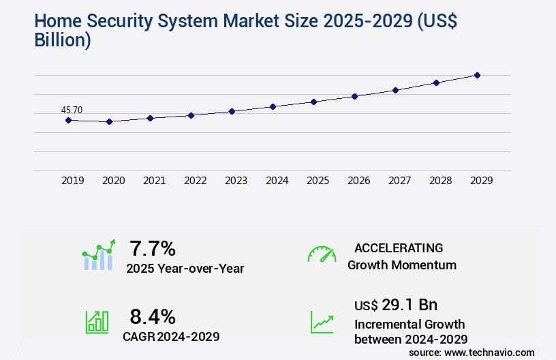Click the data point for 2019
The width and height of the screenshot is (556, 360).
point(68,120)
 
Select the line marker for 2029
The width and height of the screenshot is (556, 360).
point(477,75)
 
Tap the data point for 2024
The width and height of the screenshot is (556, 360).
point(273,106)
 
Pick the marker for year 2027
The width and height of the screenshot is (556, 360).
point(395,90)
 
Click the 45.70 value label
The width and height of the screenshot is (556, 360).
point(72,110)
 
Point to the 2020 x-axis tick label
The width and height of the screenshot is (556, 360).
point(113,181)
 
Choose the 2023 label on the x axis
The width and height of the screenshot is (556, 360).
point(236,181)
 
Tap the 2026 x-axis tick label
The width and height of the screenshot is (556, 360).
point(358,181)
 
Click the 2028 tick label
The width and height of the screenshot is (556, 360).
point(440,181)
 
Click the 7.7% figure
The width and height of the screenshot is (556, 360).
point(153,248)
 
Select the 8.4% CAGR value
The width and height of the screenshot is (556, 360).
point(153,316)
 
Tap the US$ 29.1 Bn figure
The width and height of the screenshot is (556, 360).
point(396,305)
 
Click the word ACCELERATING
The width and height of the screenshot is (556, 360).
point(399,247)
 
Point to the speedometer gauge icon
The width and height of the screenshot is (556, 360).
point(322,254)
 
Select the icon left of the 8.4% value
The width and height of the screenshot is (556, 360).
point(97,322)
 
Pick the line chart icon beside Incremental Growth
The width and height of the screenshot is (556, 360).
point(322,322)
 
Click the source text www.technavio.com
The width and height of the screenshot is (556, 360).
point(489,352)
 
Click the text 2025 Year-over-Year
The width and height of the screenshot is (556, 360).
point(185,268)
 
